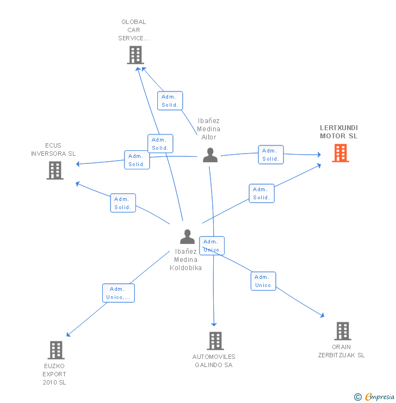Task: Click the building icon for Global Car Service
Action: tap(135, 55)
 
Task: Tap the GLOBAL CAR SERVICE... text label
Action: tap(134, 30)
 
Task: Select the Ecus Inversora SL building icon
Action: tap(55, 170)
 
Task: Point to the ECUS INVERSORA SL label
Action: tap(53, 150)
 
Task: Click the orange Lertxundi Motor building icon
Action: tap(341, 153)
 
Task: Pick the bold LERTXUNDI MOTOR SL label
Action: tap(338, 132)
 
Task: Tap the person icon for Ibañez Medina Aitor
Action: tap(210, 155)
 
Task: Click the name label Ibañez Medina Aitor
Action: tap(209, 129)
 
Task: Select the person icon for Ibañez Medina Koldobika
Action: tap(187, 237)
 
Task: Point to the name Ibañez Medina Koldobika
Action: tap(186, 260)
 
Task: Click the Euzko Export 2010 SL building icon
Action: tap(56, 350)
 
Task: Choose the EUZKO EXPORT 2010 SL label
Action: tap(54, 374)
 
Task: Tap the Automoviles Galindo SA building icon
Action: tap(215, 341)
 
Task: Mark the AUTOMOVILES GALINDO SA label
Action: tap(214, 361)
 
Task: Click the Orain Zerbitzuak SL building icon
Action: tap(342, 331)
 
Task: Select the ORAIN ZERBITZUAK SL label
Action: tap(342, 351)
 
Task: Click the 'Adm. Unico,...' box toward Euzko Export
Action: tap(119, 293)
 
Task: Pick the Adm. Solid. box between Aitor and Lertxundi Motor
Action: tap(270, 155)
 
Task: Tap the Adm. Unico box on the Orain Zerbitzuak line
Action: tap(263, 281)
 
